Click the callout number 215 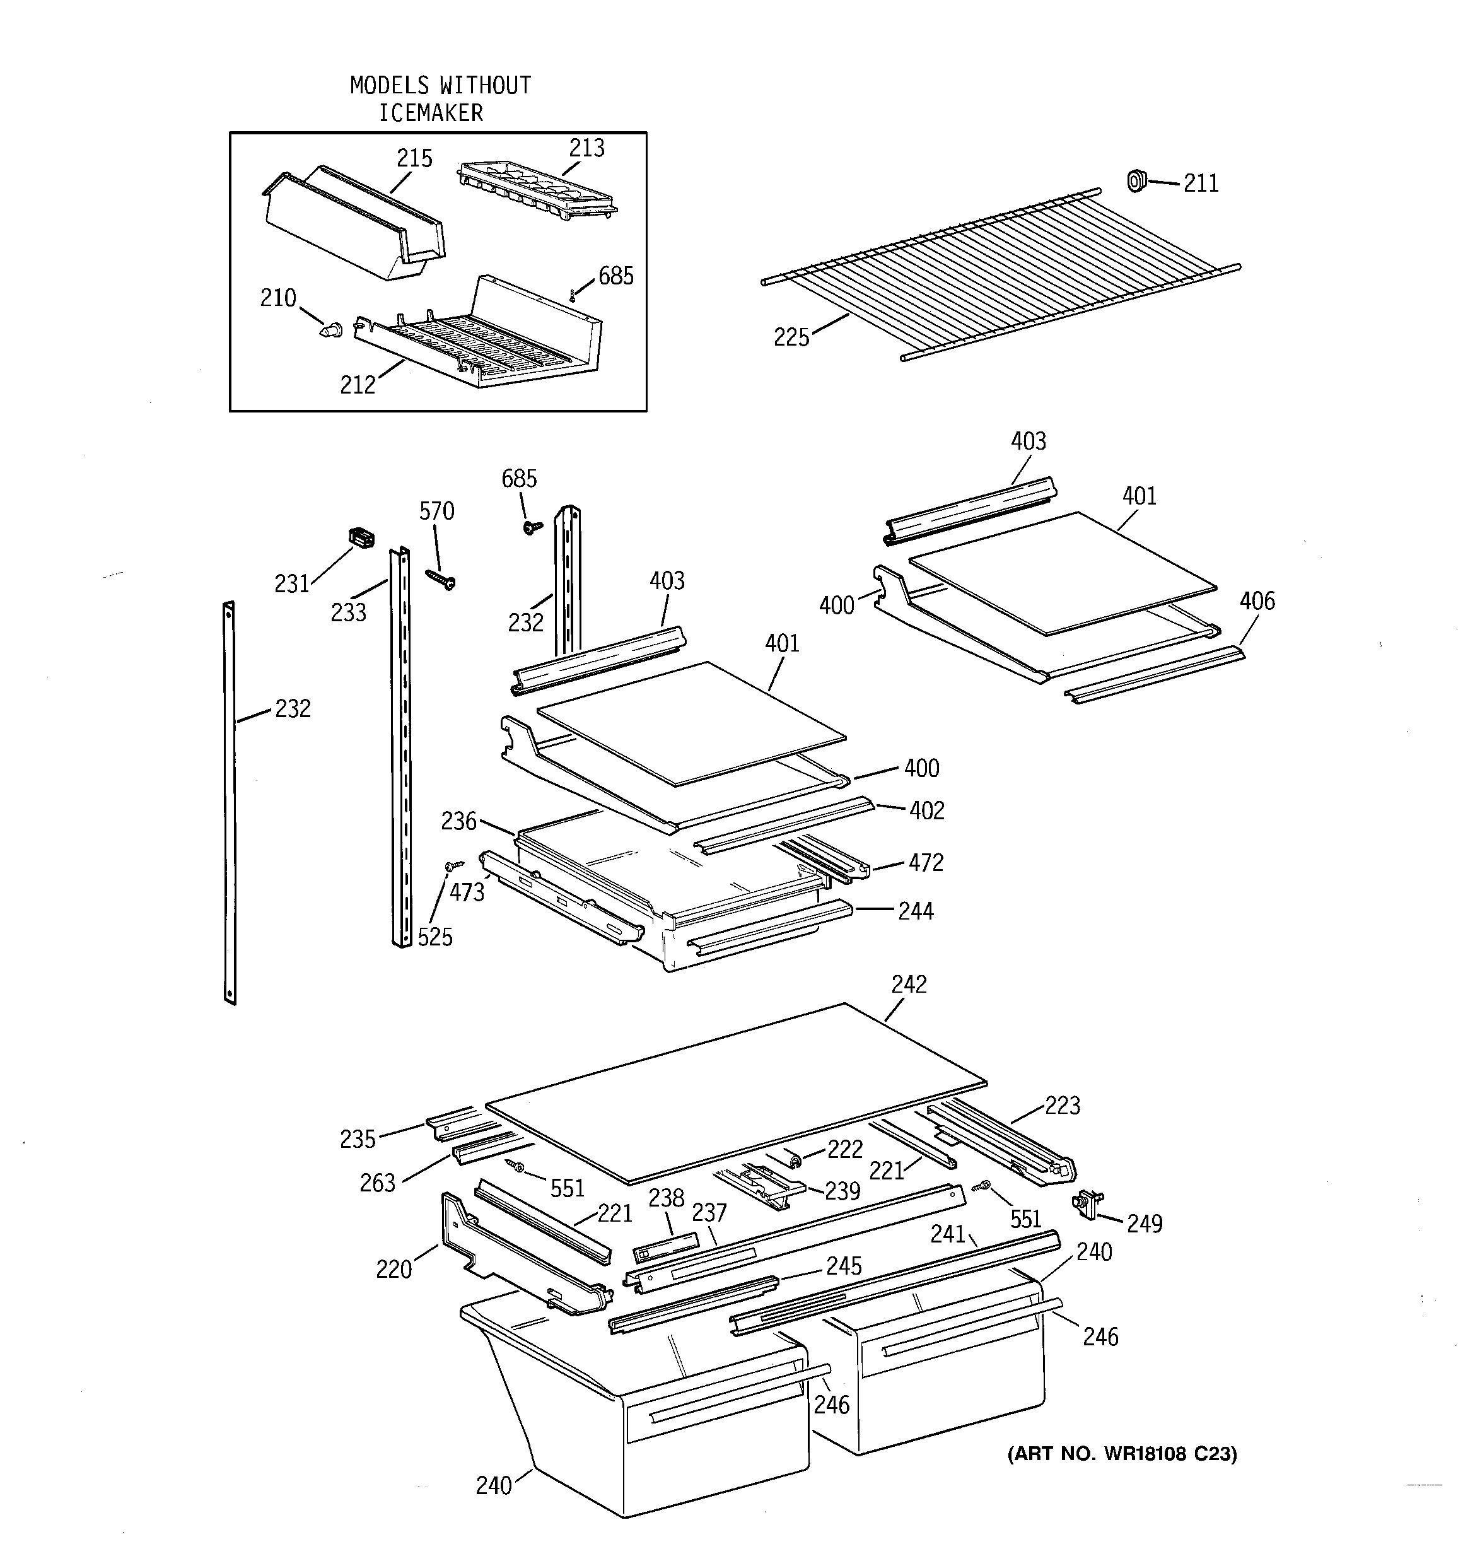pyautogui.click(x=414, y=158)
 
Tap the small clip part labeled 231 pyautogui.click(x=361, y=538)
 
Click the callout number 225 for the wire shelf pyautogui.click(x=791, y=337)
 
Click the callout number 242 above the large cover pyautogui.click(x=909, y=984)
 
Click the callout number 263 pyautogui.click(x=377, y=1183)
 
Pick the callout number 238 pyautogui.click(x=666, y=1198)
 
